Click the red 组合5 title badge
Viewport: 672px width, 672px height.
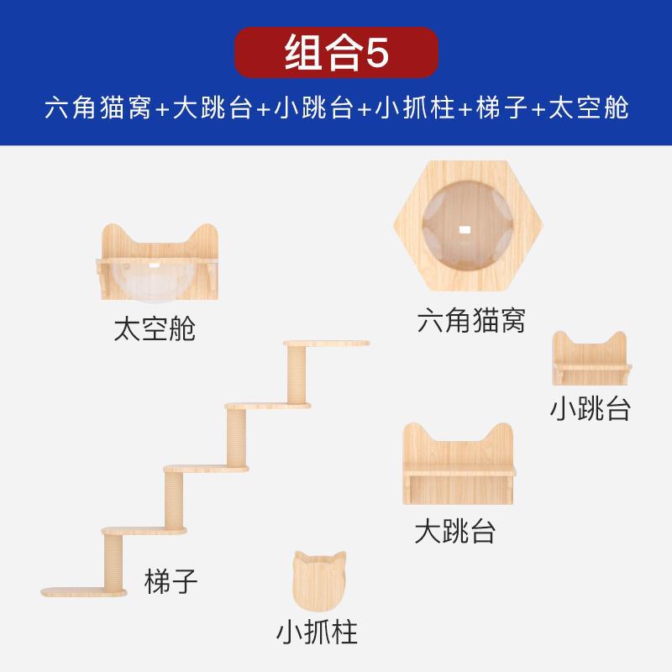coord(336,53)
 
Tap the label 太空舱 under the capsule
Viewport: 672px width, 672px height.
coord(155,328)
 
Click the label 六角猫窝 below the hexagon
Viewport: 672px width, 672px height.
coord(470,320)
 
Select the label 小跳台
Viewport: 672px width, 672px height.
coord(590,408)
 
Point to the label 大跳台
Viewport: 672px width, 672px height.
coord(455,531)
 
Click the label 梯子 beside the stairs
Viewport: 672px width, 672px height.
coord(171,581)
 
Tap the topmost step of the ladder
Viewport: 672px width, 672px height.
coord(327,344)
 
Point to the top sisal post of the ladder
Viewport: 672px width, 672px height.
coord(298,375)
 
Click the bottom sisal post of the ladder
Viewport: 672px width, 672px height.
coord(113,561)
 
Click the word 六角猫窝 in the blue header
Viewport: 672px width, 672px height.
coord(98,109)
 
